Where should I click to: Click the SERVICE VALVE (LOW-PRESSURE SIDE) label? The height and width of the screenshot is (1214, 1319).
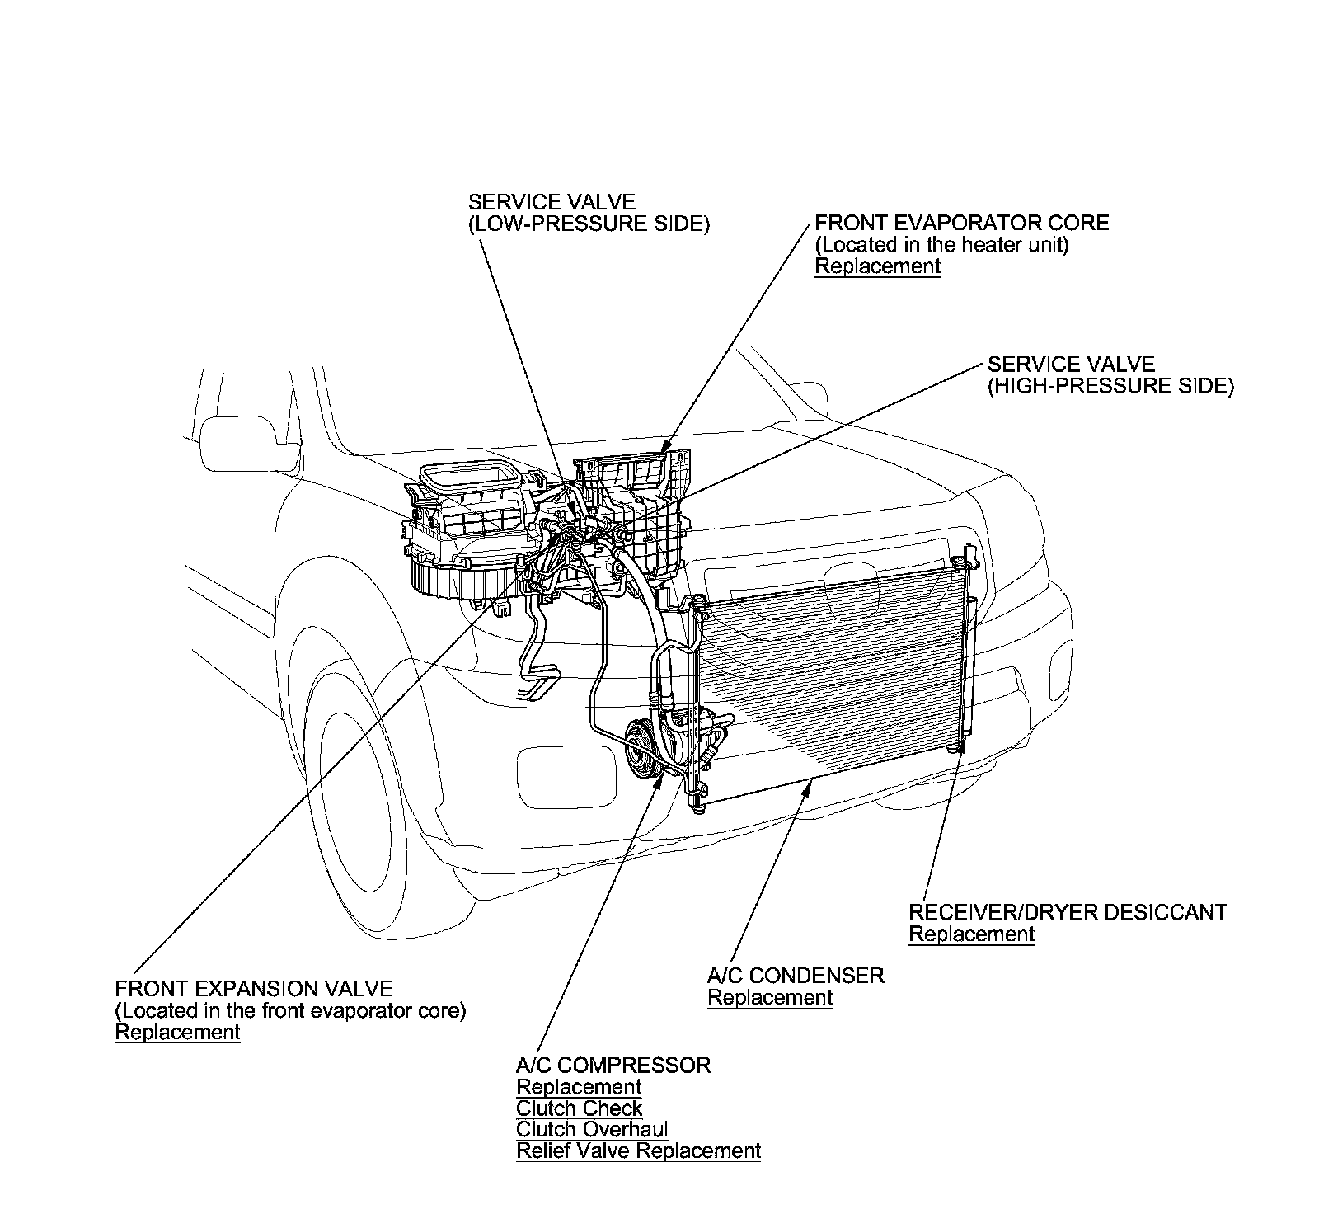588,213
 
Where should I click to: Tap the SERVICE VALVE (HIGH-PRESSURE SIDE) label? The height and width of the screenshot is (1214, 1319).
1110,375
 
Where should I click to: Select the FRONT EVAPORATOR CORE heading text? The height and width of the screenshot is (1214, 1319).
961,223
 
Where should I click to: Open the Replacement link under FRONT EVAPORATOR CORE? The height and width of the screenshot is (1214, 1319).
877,266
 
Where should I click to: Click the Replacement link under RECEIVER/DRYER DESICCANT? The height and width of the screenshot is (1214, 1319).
971,934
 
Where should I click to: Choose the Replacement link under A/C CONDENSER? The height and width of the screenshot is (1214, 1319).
770,998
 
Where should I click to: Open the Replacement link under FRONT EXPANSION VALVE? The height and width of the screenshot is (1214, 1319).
177,1033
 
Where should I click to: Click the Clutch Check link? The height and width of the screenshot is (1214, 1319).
579,1108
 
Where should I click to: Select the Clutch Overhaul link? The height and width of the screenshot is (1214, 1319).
592,1130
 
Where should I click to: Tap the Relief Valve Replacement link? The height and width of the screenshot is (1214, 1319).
638,1151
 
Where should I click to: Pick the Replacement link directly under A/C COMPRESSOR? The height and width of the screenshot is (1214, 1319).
579,1087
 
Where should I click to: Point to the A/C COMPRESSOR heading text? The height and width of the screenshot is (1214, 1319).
613,1066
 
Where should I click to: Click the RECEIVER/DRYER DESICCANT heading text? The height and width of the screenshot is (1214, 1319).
1068,912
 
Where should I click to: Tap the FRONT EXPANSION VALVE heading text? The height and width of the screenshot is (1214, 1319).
254,988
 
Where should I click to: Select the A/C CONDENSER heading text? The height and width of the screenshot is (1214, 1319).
796,976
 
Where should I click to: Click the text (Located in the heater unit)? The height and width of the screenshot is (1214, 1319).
941,245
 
